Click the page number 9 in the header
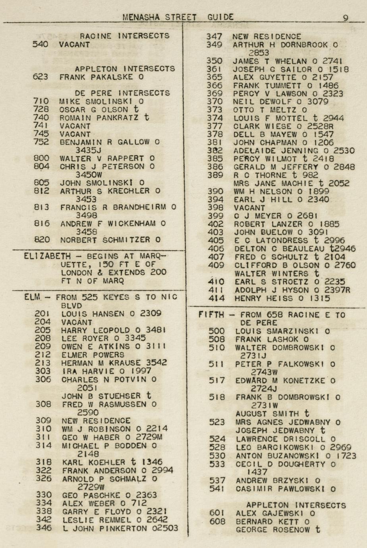pyautogui.click(x=346, y=17)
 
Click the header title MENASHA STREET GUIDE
pyautogui.click(x=178, y=17)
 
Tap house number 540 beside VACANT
pyautogui.click(x=41, y=44)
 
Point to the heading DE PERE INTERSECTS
pyautogui.click(x=125, y=93)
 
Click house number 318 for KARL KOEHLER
pyautogui.click(x=43, y=462)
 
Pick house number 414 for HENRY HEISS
pyautogui.click(x=216, y=298)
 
